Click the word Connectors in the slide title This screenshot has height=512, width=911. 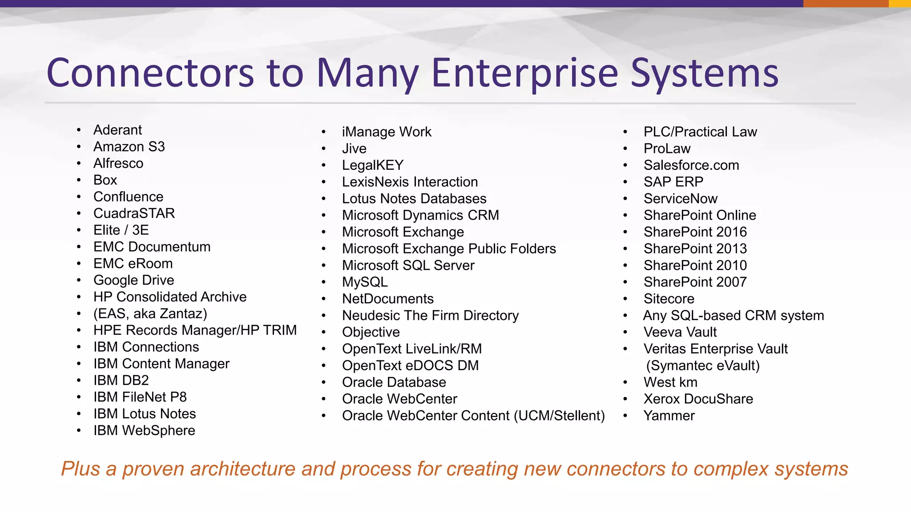150,73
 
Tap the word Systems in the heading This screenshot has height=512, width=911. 705,73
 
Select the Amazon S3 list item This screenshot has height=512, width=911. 129,147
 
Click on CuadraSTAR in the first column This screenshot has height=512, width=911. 134,213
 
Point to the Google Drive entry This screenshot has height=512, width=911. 133,280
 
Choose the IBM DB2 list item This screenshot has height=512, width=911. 121,380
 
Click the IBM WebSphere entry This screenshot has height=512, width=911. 144,430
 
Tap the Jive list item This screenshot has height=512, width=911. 354,148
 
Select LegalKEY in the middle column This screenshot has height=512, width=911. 372,165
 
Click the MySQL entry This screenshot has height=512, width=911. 365,282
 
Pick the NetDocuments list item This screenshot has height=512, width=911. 387,299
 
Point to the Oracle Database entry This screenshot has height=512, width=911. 394,382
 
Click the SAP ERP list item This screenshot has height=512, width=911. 673,182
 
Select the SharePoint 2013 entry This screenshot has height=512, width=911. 695,248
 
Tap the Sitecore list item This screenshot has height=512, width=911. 669,299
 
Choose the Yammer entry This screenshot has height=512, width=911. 669,416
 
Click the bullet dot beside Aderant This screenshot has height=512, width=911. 79,130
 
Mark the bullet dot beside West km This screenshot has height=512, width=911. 625,382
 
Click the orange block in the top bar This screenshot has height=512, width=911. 845,4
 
